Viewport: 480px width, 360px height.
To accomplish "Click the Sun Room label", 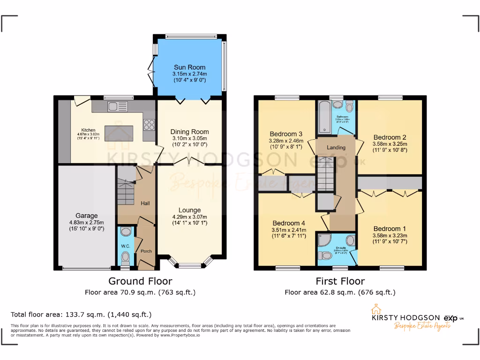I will coord(189,67).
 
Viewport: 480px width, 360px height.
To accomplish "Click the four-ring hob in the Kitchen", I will coord(149,125).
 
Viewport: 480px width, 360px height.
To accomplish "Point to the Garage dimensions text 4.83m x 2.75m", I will coord(86,223).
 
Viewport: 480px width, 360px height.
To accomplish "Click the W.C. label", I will coord(126,246).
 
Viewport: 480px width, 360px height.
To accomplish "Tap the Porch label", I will coord(146,251).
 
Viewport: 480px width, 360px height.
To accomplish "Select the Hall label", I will coord(145,203).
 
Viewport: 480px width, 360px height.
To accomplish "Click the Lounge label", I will coord(189,210).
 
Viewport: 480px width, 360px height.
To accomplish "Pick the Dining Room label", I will coord(189,132).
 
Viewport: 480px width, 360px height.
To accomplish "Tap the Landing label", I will coord(336,148).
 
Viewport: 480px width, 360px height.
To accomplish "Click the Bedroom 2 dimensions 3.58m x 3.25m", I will coord(390,144).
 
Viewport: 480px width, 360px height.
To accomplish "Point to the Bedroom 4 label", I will coord(285,223).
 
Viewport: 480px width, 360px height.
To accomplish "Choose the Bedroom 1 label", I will coord(390,229).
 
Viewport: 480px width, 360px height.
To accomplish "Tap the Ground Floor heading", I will coord(140,281).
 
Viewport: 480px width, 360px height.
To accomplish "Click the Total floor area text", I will coord(81,315).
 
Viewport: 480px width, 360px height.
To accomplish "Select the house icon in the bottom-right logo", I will coord(375,309).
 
